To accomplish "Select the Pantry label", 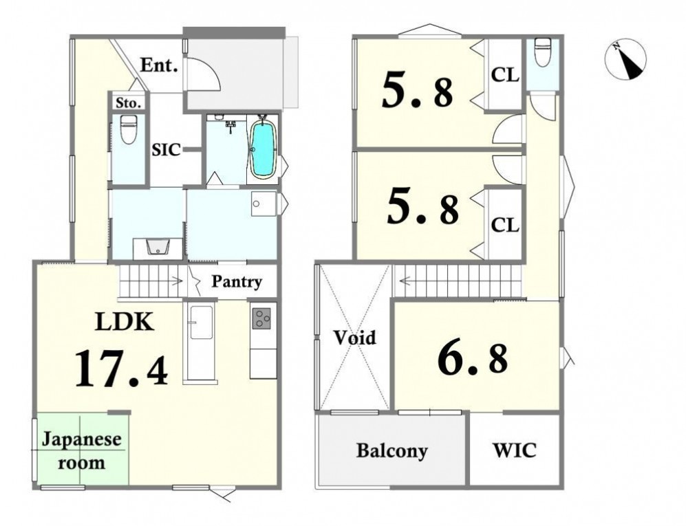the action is coord(237,282).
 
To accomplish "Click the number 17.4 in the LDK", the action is coord(121,368).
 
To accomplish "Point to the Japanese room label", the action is coord(81,450).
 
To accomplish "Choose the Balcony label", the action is coord(392,450).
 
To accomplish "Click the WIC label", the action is coord(515,450).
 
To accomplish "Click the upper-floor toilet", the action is coord(543,52).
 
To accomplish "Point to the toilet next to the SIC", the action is coord(128,129).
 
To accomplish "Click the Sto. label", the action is coord(129,103).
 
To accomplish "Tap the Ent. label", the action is coord(159,65).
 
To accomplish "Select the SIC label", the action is coord(167,150).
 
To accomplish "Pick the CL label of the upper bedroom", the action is coord(505,75).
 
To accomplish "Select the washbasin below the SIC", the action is coord(157,246).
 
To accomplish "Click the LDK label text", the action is coord(125,322).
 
